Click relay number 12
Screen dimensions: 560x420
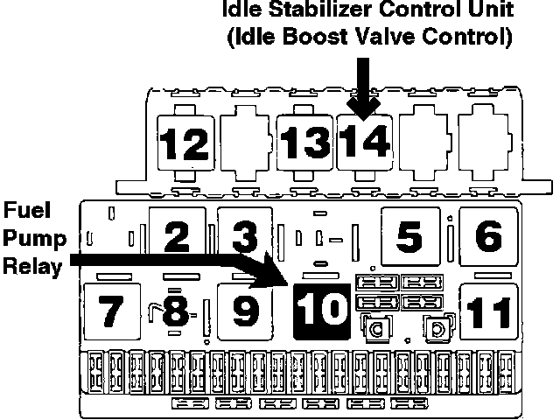pyautogui.click(x=186, y=142)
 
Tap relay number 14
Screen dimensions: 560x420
pyautogui.click(x=366, y=140)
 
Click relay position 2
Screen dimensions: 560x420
pyautogui.click(x=178, y=234)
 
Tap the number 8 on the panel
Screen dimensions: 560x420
pyautogui.click(x=175, y=311)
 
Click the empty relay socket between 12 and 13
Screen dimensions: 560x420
pyautogui.click(x=247, y=140)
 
